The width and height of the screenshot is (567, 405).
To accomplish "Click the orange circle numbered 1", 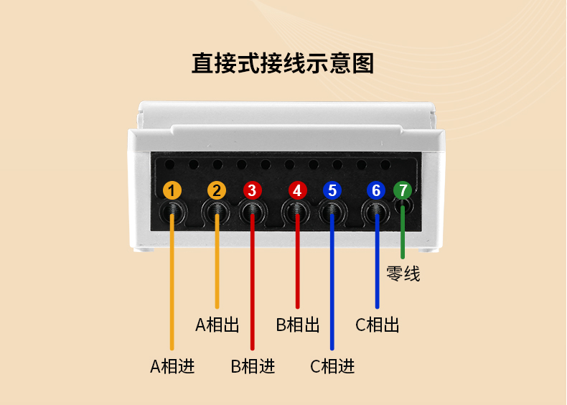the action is point(172,190).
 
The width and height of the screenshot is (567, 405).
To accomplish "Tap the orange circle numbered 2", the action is point(217,190).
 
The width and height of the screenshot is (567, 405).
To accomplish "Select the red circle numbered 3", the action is point(251,190).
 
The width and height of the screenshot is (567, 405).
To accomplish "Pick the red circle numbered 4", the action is point(297,190).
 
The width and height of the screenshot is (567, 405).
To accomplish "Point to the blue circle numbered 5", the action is point(332,190).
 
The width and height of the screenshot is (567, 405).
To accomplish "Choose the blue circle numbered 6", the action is point(377,190).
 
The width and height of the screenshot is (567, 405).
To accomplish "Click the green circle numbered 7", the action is point(403,190).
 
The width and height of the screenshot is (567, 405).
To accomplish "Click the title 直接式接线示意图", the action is point(283,63).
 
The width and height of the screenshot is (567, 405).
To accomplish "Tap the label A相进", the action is point(172,366).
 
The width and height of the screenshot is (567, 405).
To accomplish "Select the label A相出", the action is point(217,325).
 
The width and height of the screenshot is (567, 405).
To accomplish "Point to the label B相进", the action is point(253,366).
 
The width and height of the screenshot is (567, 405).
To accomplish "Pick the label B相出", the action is point(298,325).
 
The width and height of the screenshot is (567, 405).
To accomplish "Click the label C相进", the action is point(332,366).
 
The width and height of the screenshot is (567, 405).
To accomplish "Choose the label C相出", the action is point(378,325).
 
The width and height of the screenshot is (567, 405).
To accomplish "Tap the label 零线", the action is point(403,274).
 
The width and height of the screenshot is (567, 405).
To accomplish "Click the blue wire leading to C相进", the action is point(332,287).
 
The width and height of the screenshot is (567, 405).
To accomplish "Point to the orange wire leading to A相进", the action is point(172,287).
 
